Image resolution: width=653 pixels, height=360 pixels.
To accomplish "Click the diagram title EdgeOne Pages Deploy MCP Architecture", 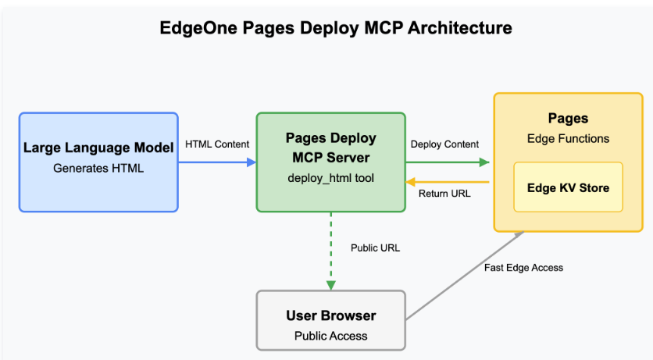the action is coord(336,28).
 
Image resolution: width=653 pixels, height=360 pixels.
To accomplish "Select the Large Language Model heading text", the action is coord(98,148).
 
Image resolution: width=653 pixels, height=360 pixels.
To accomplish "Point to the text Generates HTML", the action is coord(98,168).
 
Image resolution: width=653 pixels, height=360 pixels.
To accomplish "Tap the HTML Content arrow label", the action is coord(217,144).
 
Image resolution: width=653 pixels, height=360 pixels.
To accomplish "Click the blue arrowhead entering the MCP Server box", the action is coord(252,162).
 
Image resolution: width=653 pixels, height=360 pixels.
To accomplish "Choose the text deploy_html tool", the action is coord(330,178).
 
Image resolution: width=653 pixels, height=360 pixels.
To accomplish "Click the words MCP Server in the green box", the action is coord(330,158).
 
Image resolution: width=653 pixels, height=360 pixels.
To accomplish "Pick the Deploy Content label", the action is coord(444,144).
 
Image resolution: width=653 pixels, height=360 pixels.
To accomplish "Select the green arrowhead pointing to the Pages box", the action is coord(484,162).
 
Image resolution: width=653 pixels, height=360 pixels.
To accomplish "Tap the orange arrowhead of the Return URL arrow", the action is coord(411,182).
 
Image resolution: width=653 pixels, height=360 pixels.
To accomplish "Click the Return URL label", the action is coord(444,194).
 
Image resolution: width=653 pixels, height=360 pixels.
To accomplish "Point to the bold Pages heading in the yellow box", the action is coord(568,118).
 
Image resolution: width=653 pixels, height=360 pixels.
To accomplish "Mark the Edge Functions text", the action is coord(568,138).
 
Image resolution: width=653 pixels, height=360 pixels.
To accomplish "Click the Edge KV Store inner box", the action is coord(568,187).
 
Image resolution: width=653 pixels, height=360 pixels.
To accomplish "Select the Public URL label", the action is coord(375,248).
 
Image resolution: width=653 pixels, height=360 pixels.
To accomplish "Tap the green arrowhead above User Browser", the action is coord(330,285).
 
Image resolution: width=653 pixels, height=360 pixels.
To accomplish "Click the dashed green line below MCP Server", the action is coord(330,247).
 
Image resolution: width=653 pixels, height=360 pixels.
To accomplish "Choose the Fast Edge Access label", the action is coord(523,268).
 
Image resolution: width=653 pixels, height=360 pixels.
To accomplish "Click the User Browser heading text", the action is coord(330,315).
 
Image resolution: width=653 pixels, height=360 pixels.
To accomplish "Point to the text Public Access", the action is coord(330,336).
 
